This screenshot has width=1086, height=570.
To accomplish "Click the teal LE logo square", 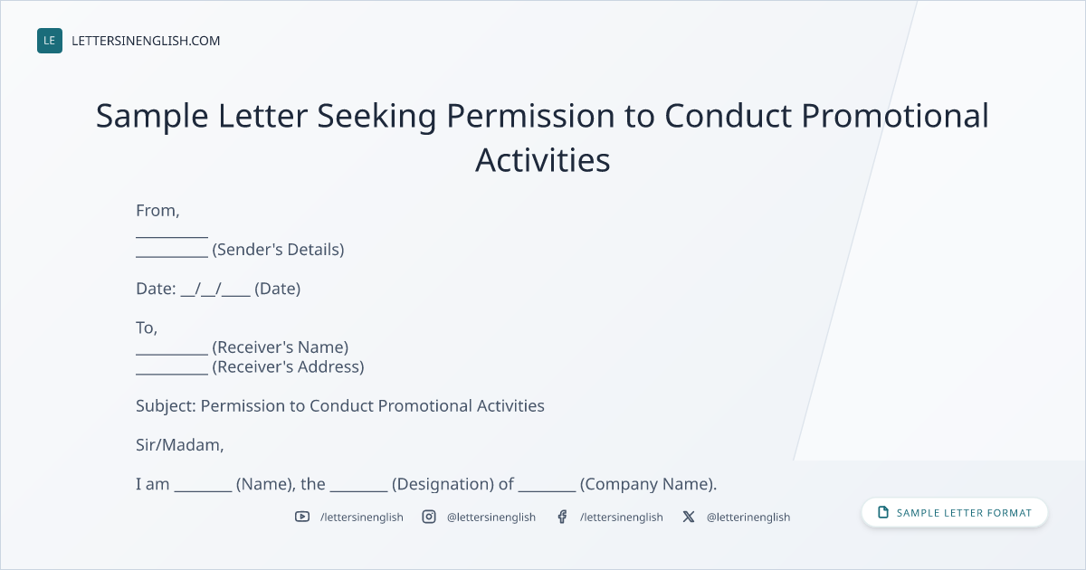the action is tap(50, 41).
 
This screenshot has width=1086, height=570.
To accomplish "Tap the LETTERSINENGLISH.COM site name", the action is tap(146, 41).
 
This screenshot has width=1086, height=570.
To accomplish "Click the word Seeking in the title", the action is tap(376, 117).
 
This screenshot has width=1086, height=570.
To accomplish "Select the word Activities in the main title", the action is tap(542, 160).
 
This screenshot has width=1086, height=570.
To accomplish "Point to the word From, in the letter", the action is tap(157, 211).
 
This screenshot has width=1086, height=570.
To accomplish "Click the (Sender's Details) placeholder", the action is tap(279, 250).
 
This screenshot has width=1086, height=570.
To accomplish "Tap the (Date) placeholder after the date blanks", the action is tap(277, 289).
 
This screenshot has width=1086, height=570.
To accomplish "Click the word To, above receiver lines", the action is tap(147, 328).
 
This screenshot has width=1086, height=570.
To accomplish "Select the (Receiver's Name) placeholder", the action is tap(281, 347).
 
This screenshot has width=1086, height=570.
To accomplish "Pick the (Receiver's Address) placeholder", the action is tap(288, 367).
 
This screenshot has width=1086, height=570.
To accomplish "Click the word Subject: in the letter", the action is tap(166, 406).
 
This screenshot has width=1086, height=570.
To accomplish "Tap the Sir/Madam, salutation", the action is tap(180, 445).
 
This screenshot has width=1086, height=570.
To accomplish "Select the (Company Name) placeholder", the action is tap(648, 484).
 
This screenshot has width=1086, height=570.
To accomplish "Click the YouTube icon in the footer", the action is tap(302, 517).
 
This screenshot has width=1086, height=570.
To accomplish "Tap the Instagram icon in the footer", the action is tap(429, 517).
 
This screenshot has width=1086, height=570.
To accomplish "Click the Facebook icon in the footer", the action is tap(562, 517).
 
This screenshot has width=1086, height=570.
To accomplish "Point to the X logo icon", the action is tap(689, 517).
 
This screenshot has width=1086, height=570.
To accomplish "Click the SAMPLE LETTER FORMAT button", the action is tap(955, 513).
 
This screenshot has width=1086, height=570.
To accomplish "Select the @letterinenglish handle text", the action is tap(748, 518).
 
